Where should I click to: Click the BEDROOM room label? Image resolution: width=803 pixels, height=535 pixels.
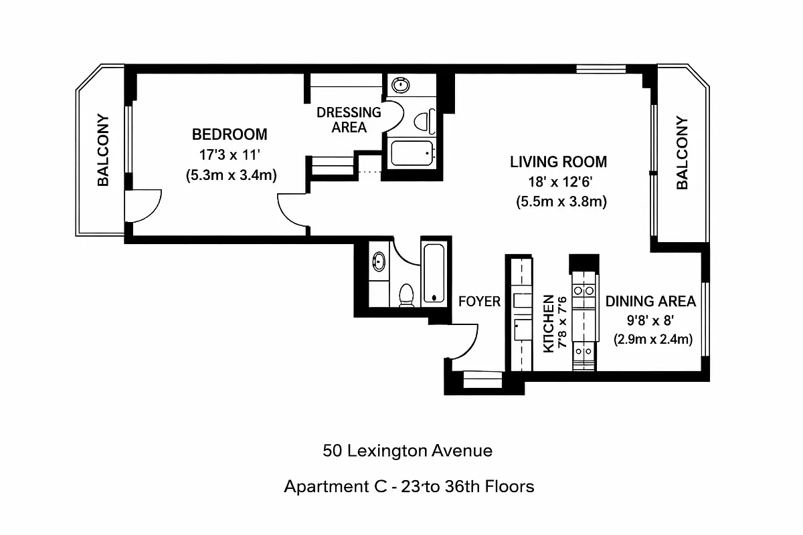[230, 134]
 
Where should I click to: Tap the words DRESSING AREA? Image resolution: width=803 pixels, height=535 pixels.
[349, 120]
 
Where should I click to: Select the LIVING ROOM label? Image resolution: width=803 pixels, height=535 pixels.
[558, 162]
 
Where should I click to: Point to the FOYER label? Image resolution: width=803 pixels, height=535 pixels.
[479, 302]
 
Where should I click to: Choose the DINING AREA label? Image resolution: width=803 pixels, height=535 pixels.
[650, 301]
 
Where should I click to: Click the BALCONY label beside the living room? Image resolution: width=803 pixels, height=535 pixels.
[682, 153]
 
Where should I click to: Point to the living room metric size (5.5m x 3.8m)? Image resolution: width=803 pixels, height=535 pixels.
[561, 201]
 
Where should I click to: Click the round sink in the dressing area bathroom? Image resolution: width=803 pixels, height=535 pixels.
[401, 85]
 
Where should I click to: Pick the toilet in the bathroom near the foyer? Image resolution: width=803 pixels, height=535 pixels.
[406, 294]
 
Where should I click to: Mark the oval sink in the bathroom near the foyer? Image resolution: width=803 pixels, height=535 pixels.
[379, 261]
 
